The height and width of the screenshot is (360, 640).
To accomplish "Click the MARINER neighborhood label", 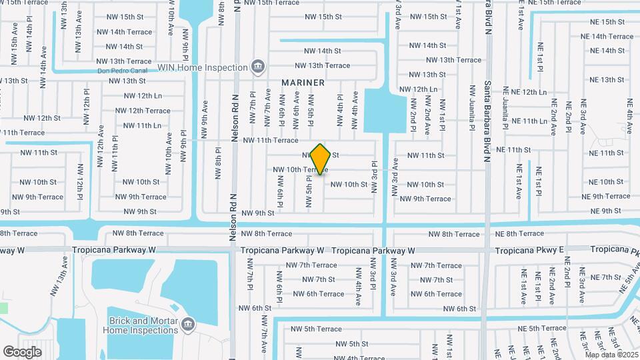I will click(x=303, y=83).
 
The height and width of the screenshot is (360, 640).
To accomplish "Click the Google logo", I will click(x=22, y=351).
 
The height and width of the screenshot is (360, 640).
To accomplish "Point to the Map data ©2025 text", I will click(x=611, y=354).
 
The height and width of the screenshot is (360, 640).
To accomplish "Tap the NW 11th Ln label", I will click(x=143, y=125).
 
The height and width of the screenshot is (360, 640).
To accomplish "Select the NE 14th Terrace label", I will click(x=607, y=37).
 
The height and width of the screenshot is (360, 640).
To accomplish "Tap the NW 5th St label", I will click(x=352, y=343).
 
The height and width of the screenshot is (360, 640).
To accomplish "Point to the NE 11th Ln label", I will click(x=525, y=121).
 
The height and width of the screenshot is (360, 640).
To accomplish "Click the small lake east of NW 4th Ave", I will click(x=383, y=111).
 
